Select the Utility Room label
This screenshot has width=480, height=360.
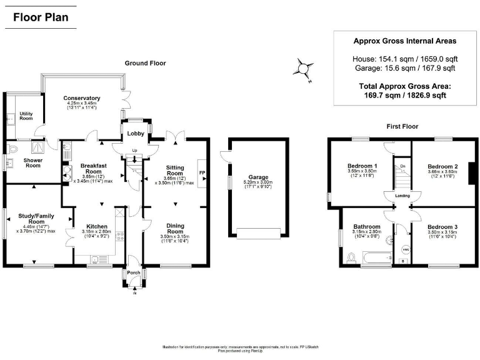click(26, 116)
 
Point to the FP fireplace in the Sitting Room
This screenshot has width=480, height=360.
click(201, 172)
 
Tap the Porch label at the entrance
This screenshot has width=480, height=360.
click(134, 272)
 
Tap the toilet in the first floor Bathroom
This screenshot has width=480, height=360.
click(350, 257)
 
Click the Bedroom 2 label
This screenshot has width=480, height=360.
click(443, 167)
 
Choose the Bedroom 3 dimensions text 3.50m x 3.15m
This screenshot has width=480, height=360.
click(443, 232)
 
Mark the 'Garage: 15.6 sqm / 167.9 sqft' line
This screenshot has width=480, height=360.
click(404, 68)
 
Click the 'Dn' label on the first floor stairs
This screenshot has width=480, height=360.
click(403, 166)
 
